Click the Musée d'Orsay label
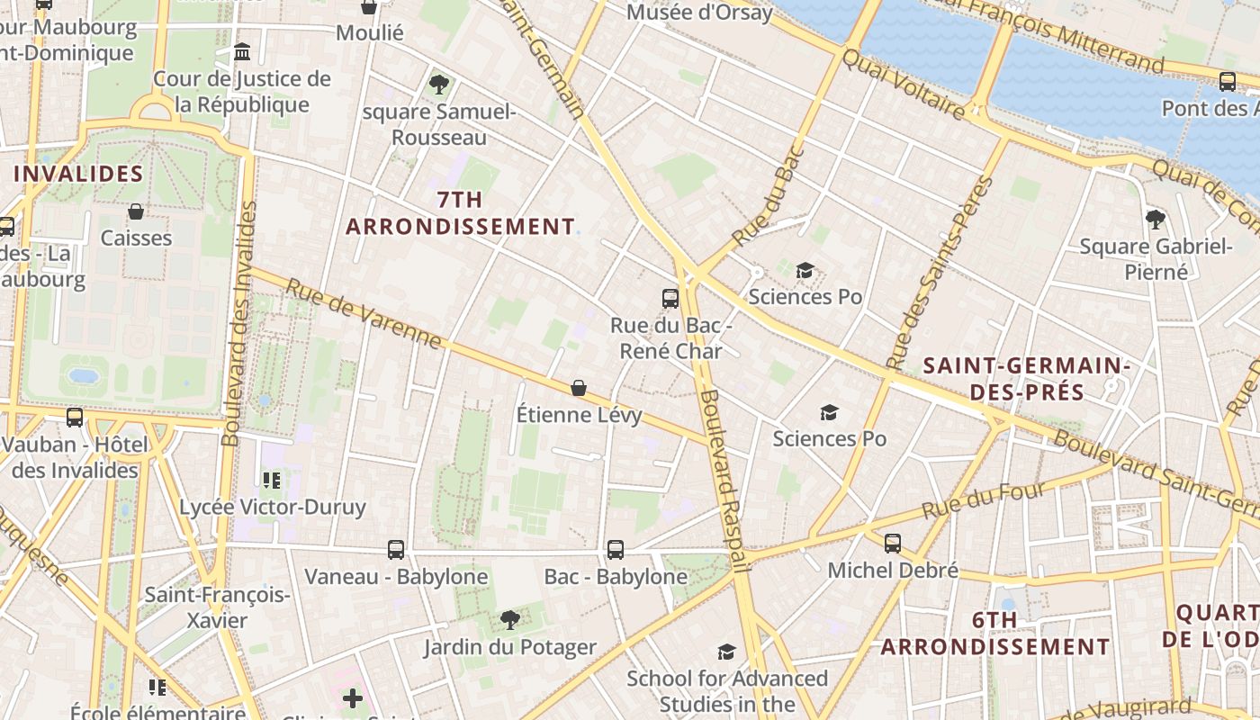pos(699,13)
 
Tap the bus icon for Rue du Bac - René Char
pos(670,299)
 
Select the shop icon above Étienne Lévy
pos(579,388)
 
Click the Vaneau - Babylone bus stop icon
pos(396,549)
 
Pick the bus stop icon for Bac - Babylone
pos(616,549)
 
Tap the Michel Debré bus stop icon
pos(893,544)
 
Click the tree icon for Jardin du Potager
pos(510,619)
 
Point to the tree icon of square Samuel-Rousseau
pos(439,85)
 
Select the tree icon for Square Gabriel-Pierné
pos(1156,219)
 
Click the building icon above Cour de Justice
pos(242,52)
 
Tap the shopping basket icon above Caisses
pos(136,211)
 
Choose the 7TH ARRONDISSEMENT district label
pos(460,213)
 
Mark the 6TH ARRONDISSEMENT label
pos(994,634)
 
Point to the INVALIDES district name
pos(78,174)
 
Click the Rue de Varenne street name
pos(364,314)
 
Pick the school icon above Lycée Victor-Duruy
pos(272,481)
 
